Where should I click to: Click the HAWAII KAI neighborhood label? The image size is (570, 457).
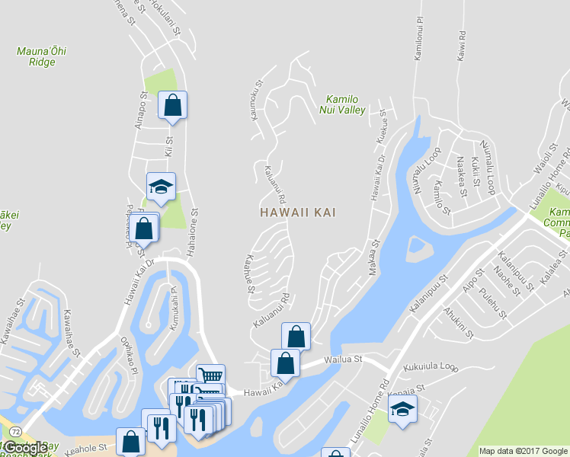click(297, 213)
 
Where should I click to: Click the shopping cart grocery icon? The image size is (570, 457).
click(210, 376)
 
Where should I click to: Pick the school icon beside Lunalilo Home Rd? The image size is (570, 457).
click(402, 409)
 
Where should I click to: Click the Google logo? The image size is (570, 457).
click(25, 448)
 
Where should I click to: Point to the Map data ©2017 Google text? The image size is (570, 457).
click(524, 451)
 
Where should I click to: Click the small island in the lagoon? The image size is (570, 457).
click(416, 245)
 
